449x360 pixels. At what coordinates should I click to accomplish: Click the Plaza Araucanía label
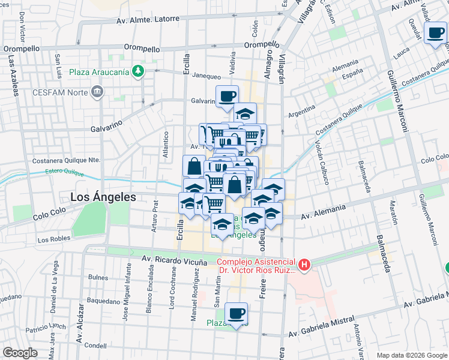pos(99,72)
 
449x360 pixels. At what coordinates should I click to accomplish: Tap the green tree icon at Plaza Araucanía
pos(139,71)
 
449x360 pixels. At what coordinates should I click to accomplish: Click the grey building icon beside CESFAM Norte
pos(97,92)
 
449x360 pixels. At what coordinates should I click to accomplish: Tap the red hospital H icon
pos(305,264)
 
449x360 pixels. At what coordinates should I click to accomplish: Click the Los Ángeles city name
pos(103,196)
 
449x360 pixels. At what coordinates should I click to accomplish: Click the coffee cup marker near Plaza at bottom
pos(236,313)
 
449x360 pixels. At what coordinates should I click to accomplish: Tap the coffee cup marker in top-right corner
pos(435,33)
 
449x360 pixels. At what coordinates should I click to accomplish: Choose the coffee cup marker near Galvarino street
pos(227,96)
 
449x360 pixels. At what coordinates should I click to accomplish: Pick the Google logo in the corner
pos(20,353)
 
